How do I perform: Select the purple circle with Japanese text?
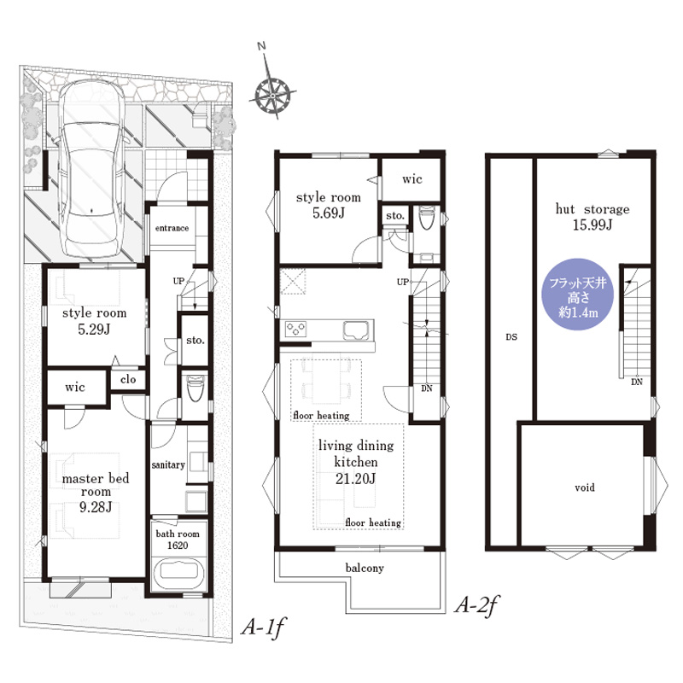(578, 295)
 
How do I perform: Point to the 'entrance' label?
(172, 228)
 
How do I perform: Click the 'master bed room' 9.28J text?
(96, 493)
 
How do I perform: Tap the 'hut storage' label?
(593, 209)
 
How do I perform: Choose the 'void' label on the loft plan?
(585, 487)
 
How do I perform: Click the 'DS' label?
(511, 336)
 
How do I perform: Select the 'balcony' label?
(365, 568)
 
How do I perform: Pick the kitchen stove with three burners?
(295, 330)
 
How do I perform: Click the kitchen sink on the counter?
(356, 330)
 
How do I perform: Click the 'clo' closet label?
(128, 379)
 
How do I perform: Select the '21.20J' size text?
(355, 479)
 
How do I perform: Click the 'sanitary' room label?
(168, 465)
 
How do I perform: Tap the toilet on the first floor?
(195, 388)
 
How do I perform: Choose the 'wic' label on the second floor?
(412, 179)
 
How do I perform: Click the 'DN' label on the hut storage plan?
(637, 382)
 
